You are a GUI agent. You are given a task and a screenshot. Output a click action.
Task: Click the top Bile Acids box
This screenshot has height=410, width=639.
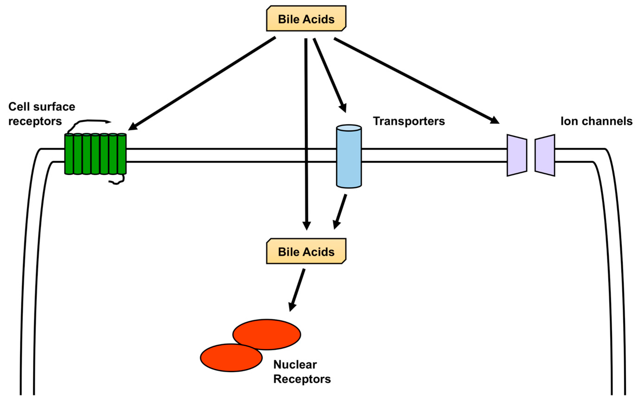[x=306, y=19]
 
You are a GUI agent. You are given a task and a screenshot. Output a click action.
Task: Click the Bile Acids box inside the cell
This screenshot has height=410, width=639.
[x=306, y=252]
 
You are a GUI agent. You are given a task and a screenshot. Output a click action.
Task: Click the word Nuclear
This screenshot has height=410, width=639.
[x=295, y=364]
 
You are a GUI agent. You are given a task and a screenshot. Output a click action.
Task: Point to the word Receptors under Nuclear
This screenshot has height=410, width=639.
[x=302, y=379]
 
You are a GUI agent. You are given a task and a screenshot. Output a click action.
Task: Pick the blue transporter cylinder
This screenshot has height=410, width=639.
[x=349, y=156]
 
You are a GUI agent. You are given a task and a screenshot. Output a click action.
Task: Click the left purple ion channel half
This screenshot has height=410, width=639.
[x=517, y=155]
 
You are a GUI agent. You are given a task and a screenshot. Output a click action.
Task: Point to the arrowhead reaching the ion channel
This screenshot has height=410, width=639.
[x=495, y=121]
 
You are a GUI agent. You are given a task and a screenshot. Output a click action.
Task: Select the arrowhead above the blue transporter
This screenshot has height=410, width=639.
[x=343, y=108]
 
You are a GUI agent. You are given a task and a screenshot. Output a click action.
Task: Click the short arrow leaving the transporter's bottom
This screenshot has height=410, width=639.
[x=340, y=212]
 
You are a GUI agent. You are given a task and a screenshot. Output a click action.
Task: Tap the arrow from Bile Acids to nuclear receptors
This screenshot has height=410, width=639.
[x=297, y=290]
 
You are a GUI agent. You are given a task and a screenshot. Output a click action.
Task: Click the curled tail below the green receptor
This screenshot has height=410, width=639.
[x=117, y=182]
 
